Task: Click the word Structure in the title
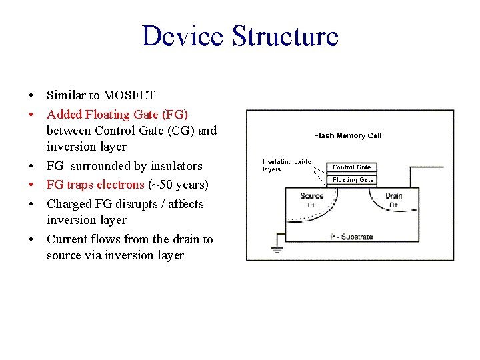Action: coord(285,36)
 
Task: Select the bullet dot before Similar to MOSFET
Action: coord(32,96)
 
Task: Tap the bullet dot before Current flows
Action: coord(32,239)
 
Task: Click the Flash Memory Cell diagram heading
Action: coord(347,135)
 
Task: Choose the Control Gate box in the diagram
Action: coord(351,167)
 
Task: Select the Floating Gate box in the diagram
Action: coord(353,179)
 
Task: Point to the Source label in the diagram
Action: coord(312,195)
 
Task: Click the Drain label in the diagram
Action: coord(395,195)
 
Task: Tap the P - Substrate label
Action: coord(351,237)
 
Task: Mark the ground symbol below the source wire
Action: coord(277,250)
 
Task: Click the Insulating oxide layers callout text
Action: coord(286,165)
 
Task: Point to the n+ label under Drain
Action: coord(394,205)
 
